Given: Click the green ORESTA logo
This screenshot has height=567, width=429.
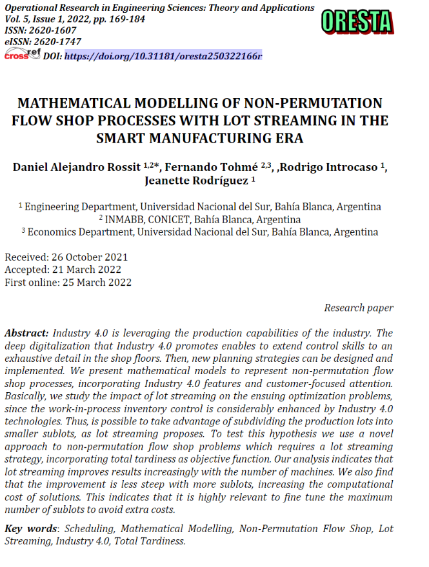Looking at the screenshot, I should pos(357,21).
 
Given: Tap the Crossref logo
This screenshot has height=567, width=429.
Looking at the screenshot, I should pos(22,55).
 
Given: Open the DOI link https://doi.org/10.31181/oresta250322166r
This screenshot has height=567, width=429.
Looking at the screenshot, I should pos(163,56).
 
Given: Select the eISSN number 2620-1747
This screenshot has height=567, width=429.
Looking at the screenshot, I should pos(56,41).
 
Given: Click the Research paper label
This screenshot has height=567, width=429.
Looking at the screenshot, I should pos(358,308).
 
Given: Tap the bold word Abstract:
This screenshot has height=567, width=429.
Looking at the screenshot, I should pos(26,333).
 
